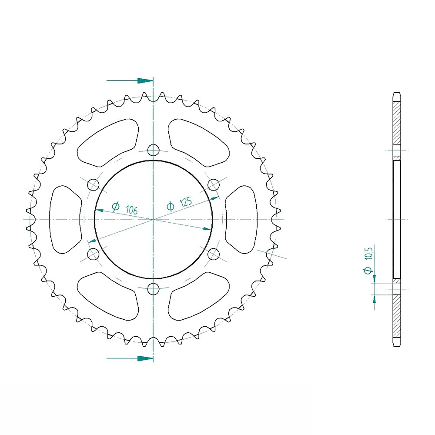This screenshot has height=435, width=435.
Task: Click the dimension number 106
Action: (131, 210)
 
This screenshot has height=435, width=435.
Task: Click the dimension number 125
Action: (186, 202)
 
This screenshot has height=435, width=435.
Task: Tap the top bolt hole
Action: (153, 150)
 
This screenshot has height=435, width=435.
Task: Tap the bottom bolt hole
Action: (153, 289)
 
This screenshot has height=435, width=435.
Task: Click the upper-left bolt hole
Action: (93, 184)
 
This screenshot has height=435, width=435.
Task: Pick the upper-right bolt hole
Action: (214, 184)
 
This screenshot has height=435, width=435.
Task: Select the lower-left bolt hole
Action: (93, 254)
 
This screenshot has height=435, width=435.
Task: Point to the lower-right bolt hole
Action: (214, 254)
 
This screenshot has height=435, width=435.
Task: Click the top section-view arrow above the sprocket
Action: (130, 81)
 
